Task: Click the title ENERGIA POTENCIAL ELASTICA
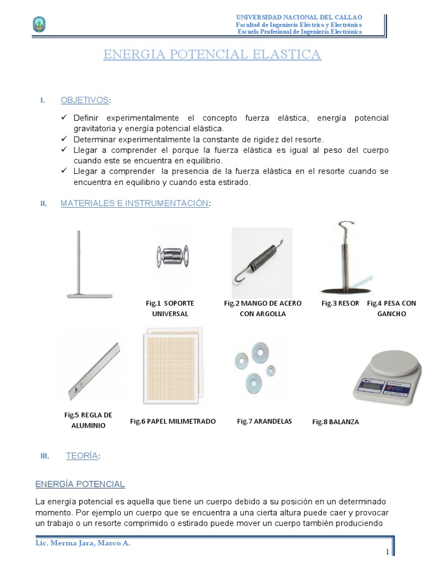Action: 212,54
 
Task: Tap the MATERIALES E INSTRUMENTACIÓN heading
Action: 134,204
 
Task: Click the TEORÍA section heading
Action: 82,456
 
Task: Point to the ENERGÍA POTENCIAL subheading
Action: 80,484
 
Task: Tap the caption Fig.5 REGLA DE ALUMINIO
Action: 88,420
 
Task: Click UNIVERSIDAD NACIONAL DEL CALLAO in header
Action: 299,18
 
